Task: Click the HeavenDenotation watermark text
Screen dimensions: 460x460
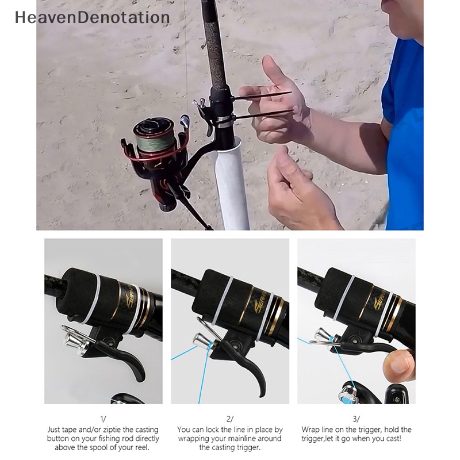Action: coord(93,18)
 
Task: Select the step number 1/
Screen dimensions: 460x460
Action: coord(103,419)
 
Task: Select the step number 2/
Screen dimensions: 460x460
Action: coord(229,419)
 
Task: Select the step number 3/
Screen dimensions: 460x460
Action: coord(356,419)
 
